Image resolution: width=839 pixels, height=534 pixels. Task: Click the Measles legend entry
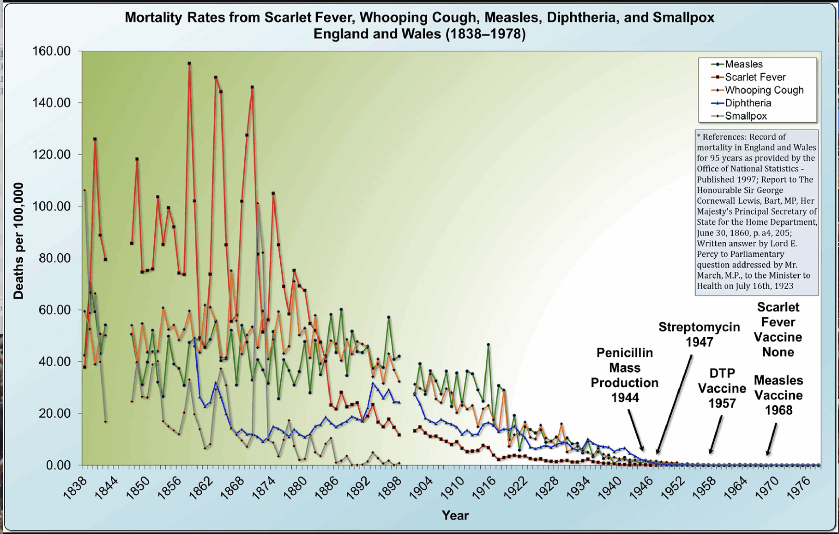pyautogui.click(x=744, y=64)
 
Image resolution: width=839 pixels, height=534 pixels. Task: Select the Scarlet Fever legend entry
pyautogui.click(x=755, y=77)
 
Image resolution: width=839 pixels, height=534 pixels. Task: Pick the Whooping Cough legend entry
pyautogui.click(x=764, y=90)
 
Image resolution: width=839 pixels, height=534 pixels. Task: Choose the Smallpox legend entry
pyautogui.click(x=746, y=116)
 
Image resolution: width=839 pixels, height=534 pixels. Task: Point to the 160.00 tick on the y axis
pyautogui.click(x=51, y=51)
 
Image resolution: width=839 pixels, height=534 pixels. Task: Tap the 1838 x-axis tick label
pyautogui.click(x=75, y=488)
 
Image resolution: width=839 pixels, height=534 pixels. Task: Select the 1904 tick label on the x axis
pyautogui.click(x=421, y=488)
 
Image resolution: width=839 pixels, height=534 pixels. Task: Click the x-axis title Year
pyautogui.click(x=455, y=515)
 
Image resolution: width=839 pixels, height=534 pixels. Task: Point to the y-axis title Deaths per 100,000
pyautogui.click(x=18, y=241)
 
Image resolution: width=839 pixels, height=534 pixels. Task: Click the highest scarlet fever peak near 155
pyautogui.click(x=189, y=64)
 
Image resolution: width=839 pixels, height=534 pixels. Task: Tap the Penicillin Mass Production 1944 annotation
pyautogui.click(x=624, y=375)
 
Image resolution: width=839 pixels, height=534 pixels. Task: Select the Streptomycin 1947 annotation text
pyautogui.click(x=699, y=334)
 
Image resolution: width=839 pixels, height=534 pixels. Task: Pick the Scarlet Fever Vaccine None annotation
pyautogui.click(x=778, y=329)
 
